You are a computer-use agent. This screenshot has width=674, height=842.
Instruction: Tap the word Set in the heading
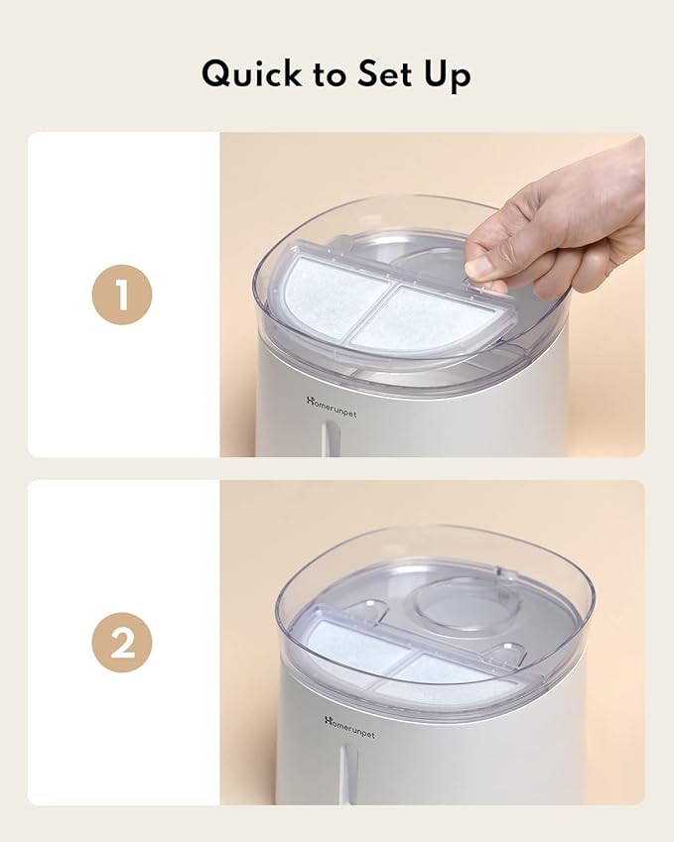[x=382, y=74]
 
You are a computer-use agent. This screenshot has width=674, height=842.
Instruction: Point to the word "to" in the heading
[x=328, y=75]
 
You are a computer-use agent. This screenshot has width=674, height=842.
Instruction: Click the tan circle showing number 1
[x=122, y=296]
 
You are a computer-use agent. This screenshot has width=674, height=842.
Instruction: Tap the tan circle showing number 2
[x=122, y=643]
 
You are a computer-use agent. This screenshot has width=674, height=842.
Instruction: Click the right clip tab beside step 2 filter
[x=509, y=650]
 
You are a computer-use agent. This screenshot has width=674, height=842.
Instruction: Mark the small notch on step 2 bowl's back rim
[x=500, y=573]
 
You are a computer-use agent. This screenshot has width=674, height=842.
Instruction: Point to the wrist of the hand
[x=625, y=188]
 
